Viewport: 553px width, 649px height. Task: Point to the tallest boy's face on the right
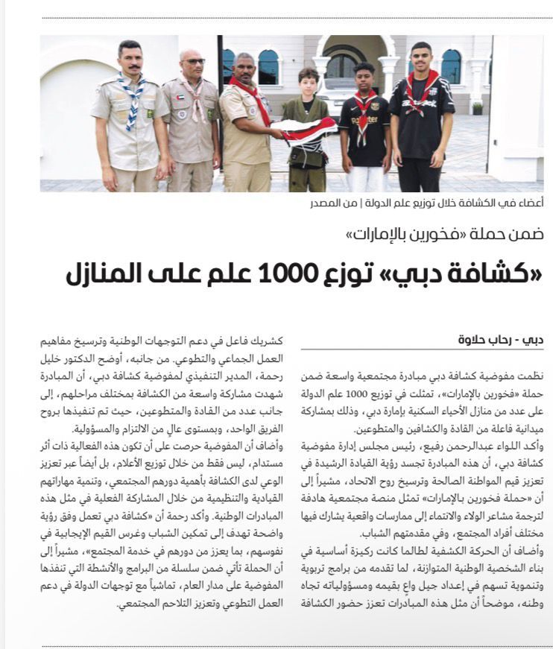coord(421,59)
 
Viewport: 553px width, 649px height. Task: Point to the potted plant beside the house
coord(477,107)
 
